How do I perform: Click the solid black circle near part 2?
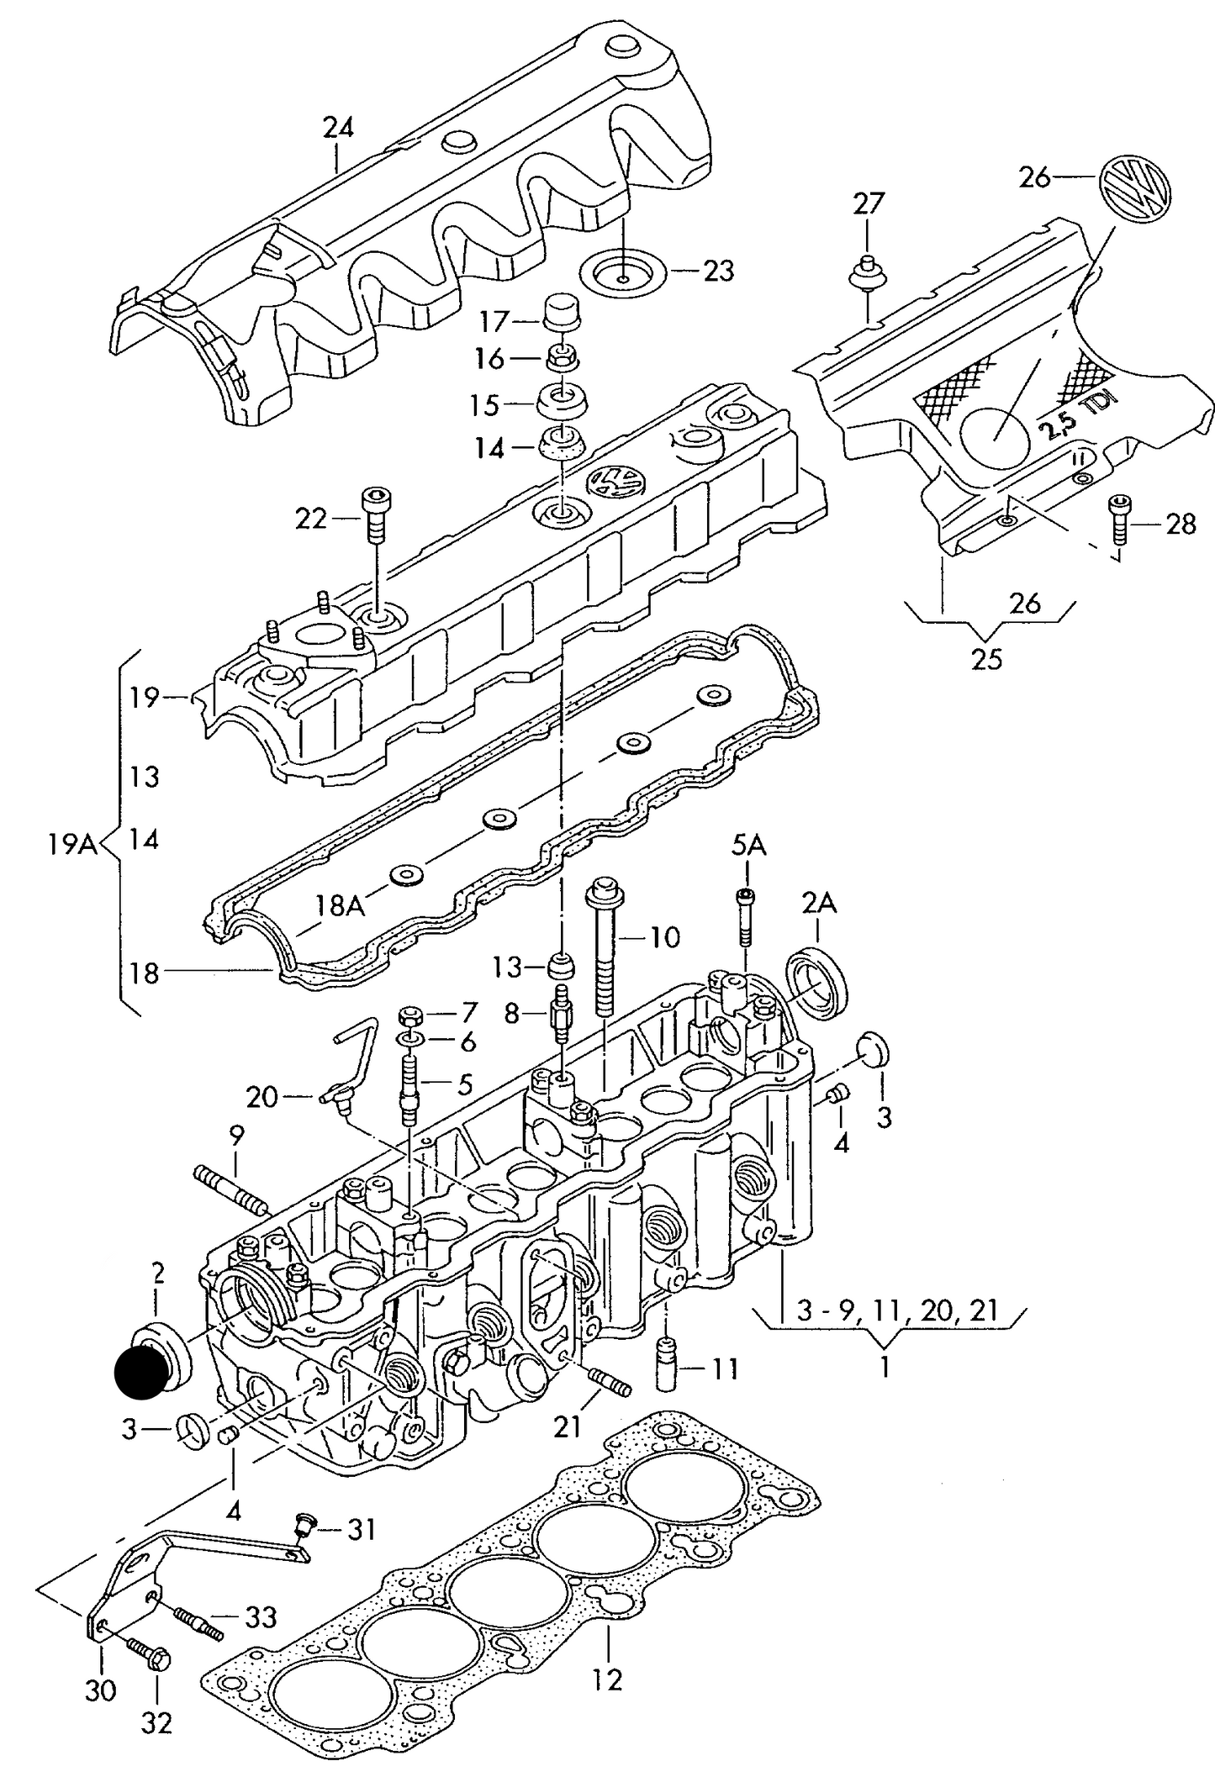click(x=141, y=1372)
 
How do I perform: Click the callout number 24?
click(x=338, y=127)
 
